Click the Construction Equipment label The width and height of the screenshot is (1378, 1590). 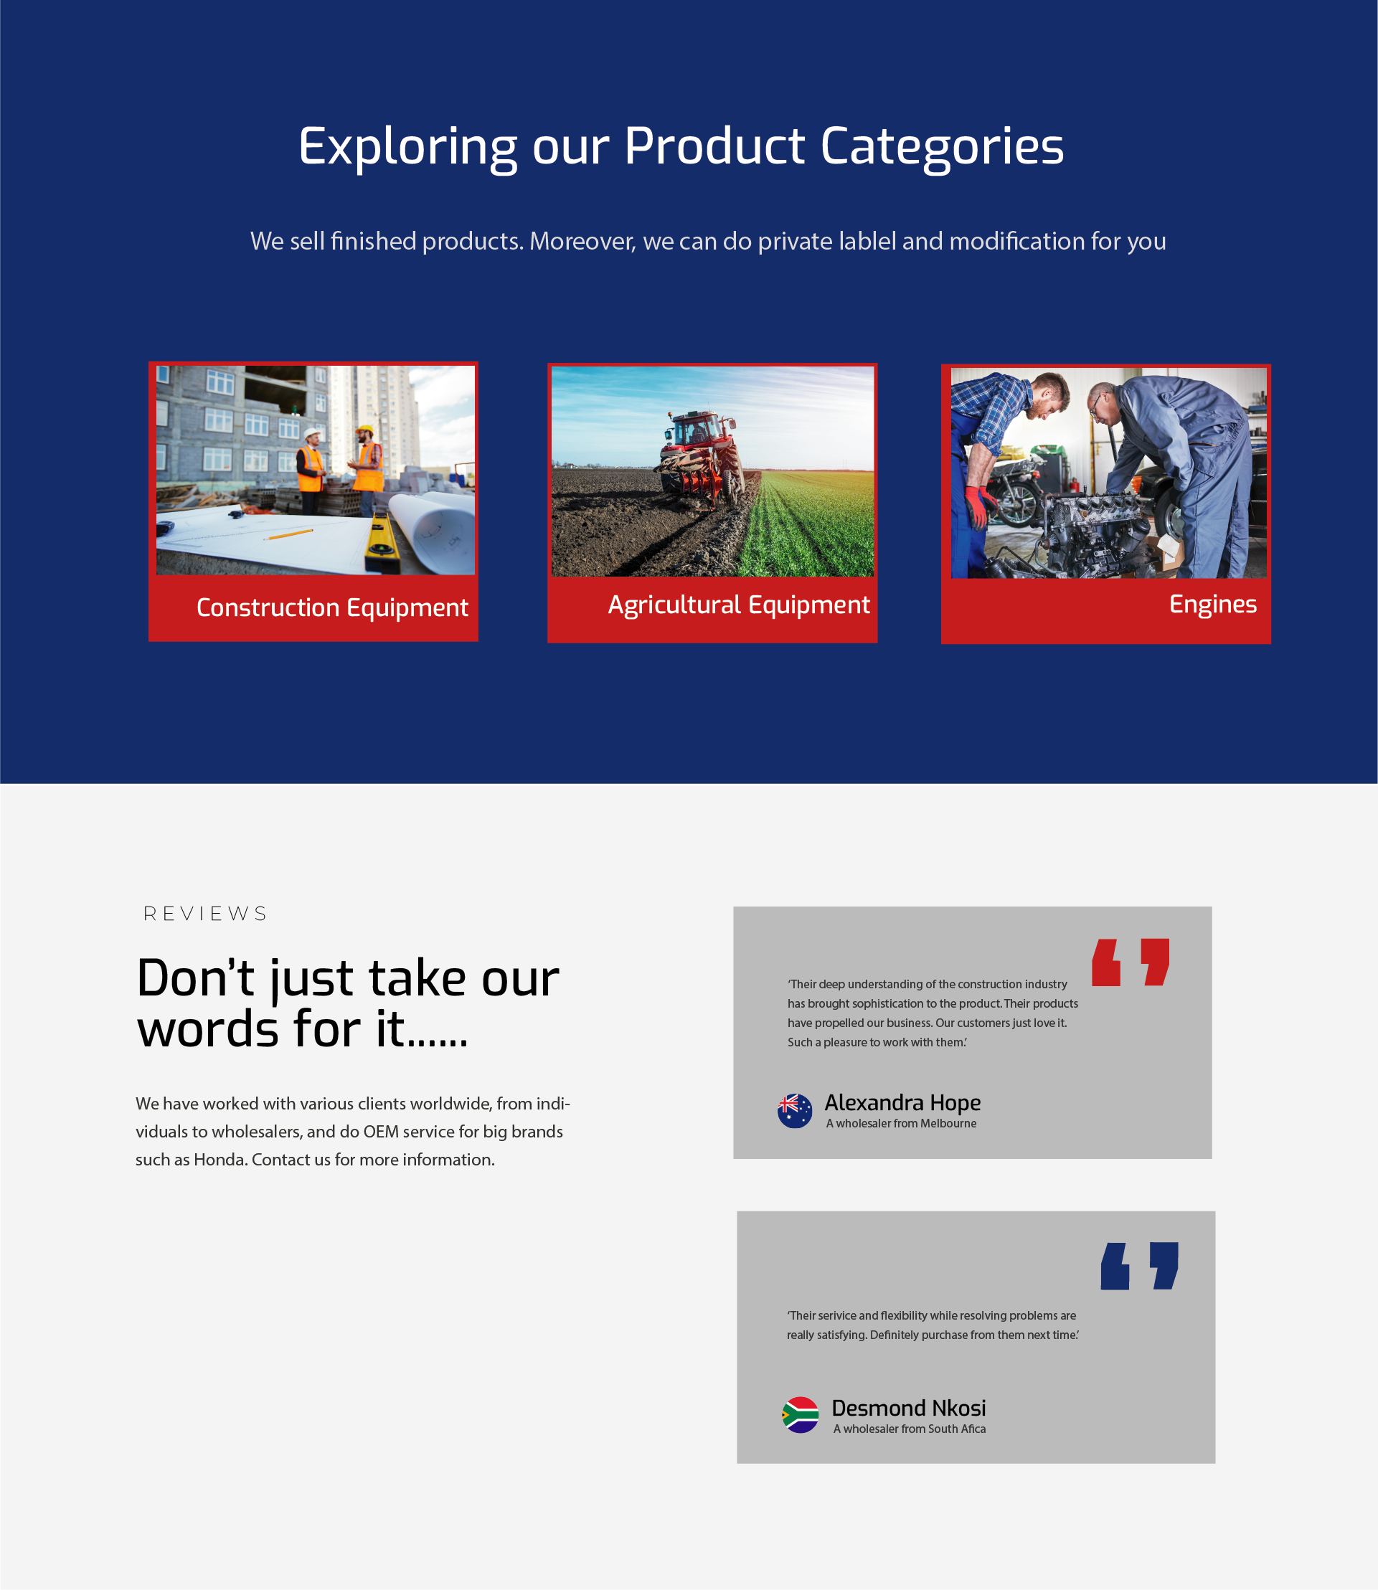coord(332,607)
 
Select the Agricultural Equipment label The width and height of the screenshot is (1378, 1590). coord(739,605)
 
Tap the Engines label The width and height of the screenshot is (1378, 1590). coord(1213,605)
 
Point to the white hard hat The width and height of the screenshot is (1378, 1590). coord(311,433)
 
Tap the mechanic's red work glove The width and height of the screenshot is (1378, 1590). coord(976,504)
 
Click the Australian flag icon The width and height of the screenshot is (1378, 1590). coord(794,1111)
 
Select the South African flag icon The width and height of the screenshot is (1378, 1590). coord(801,1415)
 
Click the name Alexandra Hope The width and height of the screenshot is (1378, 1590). coord(902,1103)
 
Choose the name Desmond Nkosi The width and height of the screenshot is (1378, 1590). coord(908,1408)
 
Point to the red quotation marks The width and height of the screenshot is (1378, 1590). coord(1131,962)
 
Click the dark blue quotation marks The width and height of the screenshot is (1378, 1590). coord(1139,1266)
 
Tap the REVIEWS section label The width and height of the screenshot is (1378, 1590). coord(205,914)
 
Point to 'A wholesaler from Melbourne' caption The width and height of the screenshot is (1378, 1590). coord(901,1123)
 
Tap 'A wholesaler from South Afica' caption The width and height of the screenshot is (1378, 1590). coord(909,1429)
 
